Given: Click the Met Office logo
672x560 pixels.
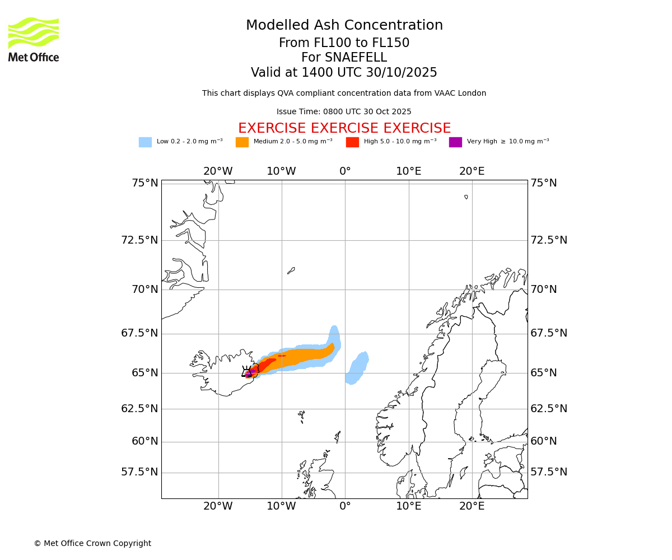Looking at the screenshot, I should click(34, 39).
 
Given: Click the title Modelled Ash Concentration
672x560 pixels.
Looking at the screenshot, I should click(344, 26).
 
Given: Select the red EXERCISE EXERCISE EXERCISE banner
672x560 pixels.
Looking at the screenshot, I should click(344, 128).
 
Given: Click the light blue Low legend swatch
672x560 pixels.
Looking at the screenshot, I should click(145, 142).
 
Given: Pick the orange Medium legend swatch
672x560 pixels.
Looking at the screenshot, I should click(242, 142).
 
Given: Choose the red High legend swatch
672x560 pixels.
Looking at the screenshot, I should click(352, 142).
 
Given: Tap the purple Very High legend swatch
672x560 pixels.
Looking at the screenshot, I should click(455, 142).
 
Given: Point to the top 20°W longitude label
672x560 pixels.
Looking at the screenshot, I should click(218, 171).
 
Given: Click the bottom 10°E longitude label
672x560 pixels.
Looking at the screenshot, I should click(409, 506).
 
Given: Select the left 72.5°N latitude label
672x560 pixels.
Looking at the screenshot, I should click(139, 240).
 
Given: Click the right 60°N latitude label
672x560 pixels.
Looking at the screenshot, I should click(544, 441).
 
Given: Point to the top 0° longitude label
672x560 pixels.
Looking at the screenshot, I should click(345, 171).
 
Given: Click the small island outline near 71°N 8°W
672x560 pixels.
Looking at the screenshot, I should click(291, 270).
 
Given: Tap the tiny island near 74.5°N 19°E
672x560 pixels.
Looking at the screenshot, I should click(466, 197).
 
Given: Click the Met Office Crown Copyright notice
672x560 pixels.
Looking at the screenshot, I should click(92, 543).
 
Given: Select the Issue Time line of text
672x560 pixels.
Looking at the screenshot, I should click(344, 111).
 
